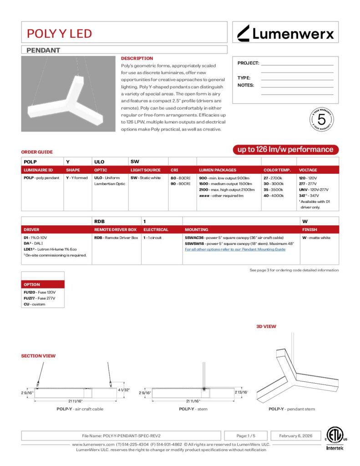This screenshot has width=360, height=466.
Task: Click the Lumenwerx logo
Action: [x=286, y=33]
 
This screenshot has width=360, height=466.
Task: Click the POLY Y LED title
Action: [x=59, y=33]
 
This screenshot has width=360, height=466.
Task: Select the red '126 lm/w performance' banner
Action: [x=285, y=149]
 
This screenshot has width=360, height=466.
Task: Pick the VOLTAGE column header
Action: [x=308, y=170]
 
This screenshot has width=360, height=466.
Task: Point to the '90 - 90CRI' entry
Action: [x=181, y=183]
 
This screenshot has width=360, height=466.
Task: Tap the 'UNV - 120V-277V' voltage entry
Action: [x=313, y=189]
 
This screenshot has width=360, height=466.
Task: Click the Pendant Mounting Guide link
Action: [x=235, y=249]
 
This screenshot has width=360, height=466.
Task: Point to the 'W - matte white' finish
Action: [x=316, y=238]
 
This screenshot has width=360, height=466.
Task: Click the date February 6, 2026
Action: [x=296, y=436]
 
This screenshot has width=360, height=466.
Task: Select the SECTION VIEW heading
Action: [x=38, y=356]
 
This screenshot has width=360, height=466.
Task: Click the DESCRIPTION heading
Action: [x=137, y=58]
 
